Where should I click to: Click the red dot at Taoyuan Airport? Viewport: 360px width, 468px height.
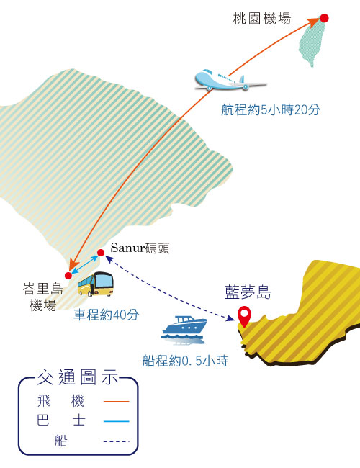click(324, 18)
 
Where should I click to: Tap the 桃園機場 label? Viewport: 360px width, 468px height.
click(262, 19)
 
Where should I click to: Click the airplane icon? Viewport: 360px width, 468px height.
click(230, 80)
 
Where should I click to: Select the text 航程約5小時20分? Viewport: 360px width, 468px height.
click(271, 109)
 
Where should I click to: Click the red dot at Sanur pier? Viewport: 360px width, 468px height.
click(101, 253)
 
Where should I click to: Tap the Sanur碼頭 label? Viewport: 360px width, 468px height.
click(140, 248)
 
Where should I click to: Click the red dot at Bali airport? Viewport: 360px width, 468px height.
click(68, 276)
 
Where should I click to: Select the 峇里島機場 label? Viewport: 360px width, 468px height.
click(43, 297)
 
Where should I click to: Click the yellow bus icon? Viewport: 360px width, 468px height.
click(96, 284)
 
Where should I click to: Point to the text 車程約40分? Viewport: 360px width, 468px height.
click(107, 315)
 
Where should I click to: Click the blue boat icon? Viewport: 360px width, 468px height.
click(184, 330)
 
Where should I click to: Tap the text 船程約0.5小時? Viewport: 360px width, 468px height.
click(185, 361)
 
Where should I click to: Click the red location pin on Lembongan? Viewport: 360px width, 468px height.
click(244, 316)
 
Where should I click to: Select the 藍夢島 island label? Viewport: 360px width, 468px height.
click(248, 292)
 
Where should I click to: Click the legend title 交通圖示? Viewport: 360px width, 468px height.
click(78, 377)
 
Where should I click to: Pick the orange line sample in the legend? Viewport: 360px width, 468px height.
click(117, 402)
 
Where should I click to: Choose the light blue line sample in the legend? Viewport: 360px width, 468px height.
click(117, 421)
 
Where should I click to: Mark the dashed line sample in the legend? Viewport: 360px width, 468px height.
click(117, 441)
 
